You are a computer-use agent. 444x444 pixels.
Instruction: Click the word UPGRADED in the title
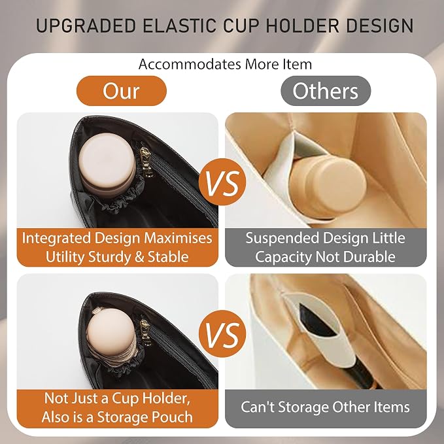(86, 26)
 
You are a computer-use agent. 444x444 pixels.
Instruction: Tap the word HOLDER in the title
(302, 26)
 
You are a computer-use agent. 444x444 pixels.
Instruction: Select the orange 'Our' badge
(122, 91)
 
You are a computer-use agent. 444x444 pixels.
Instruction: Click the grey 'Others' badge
(326, 91)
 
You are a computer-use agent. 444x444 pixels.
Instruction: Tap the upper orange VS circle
(222, 182)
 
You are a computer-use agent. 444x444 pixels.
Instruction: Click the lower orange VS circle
(222, 334)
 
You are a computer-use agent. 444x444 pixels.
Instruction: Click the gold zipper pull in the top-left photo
(146, 160)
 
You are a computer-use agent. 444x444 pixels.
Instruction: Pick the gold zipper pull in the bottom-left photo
(146, 333)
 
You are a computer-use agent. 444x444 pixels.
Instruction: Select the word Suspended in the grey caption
(282, 238)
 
